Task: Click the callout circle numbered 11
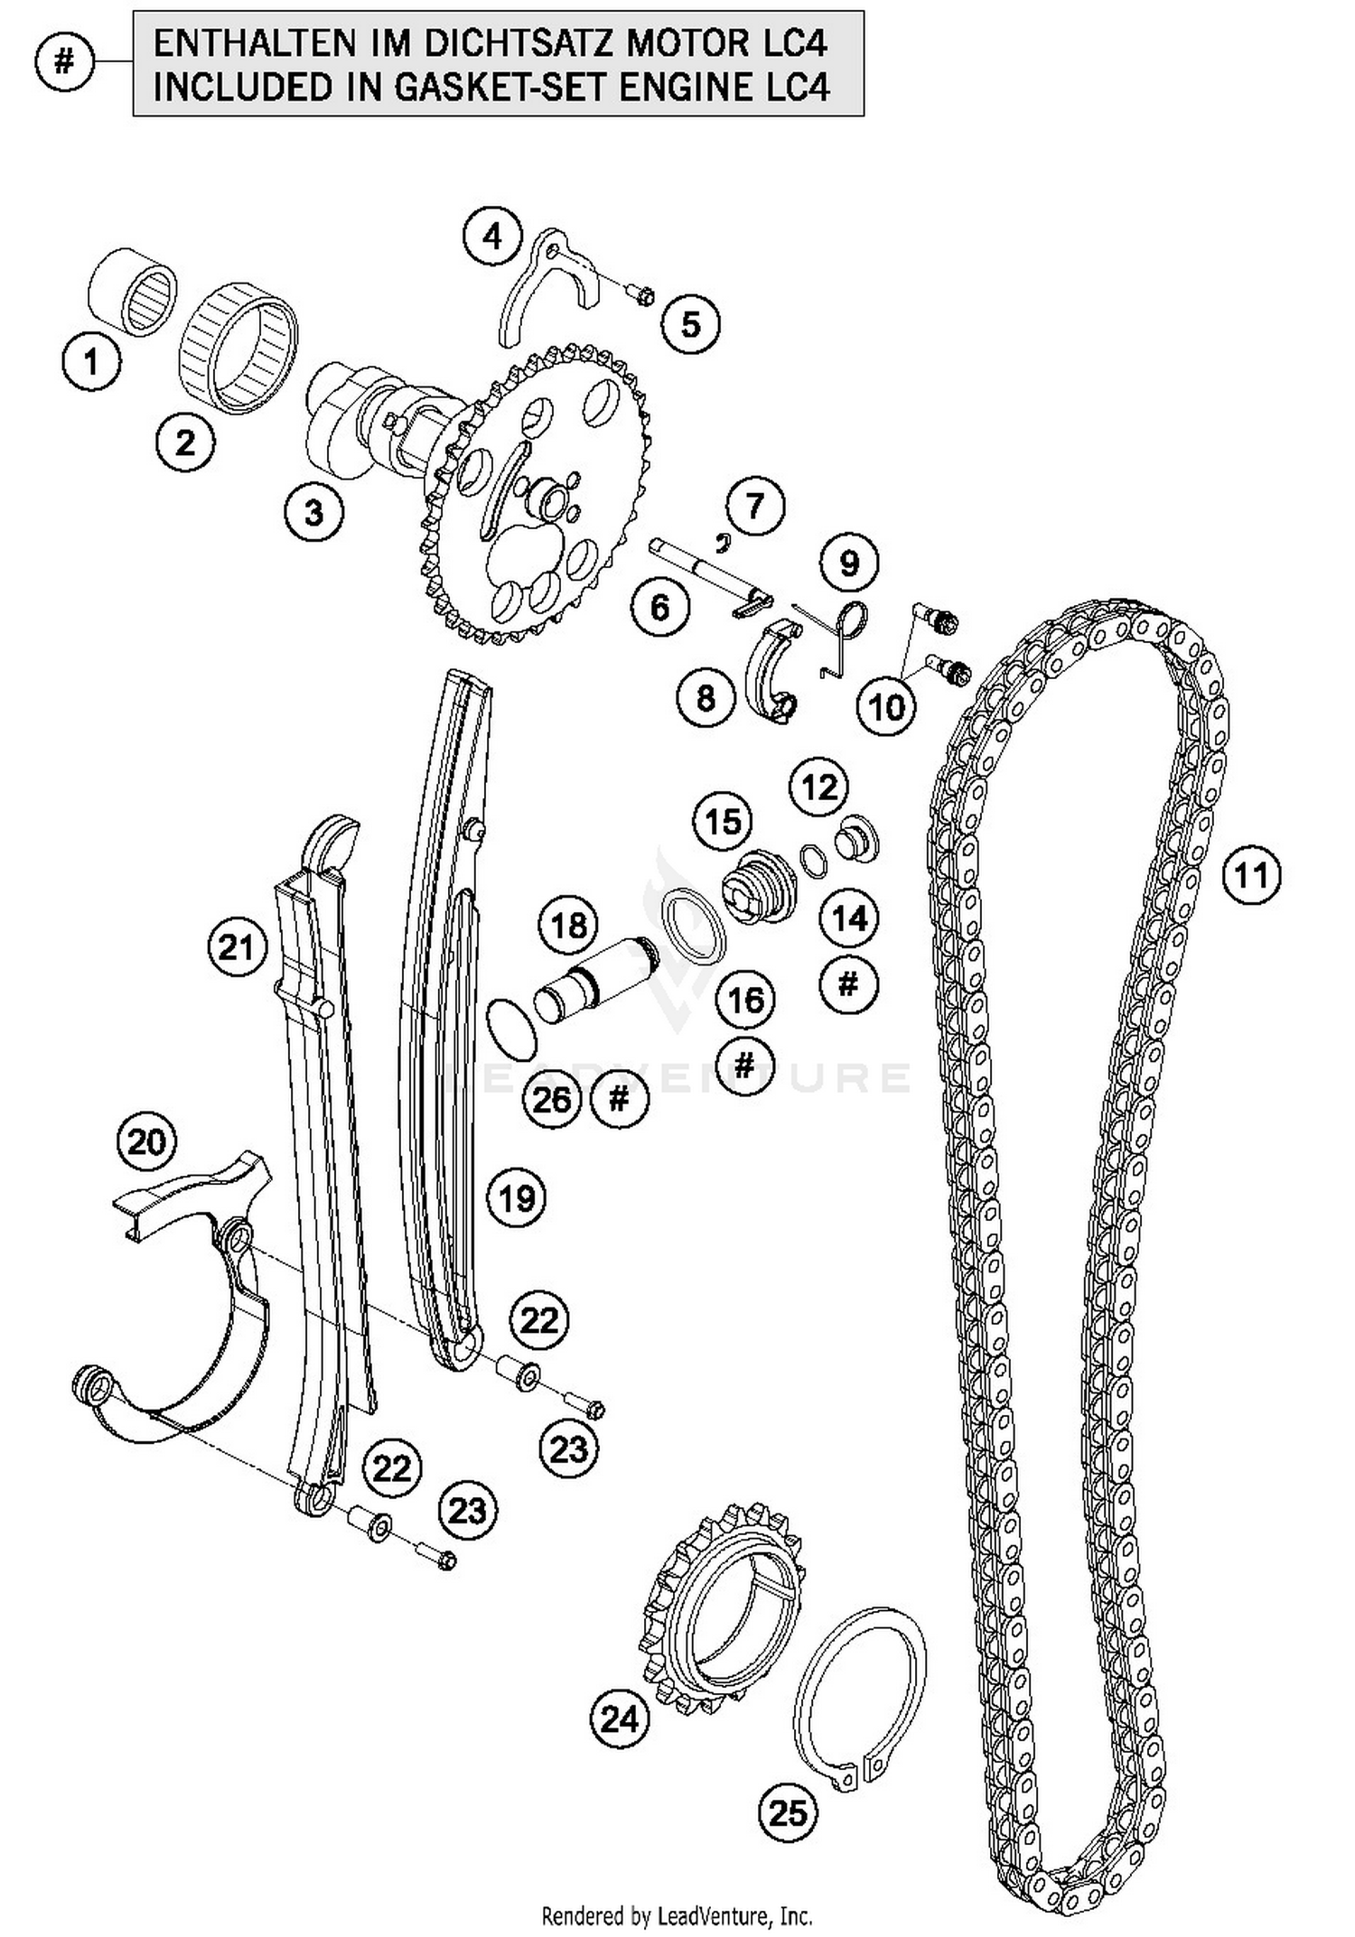1252,874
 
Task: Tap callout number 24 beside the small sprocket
620,1718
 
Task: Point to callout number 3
313,513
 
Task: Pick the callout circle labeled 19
517,1197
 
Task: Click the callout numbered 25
788,1811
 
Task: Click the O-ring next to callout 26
512,1029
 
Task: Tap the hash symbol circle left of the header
64,62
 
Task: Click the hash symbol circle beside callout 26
619,1098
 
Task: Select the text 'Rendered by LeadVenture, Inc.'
677,1914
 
